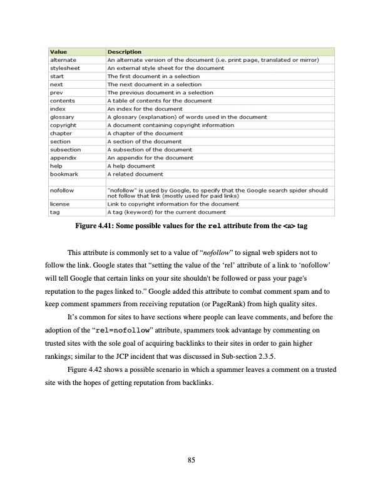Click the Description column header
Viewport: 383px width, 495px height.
click(x=124, y=51)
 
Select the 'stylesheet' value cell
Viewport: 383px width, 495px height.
click(x=65, y=67)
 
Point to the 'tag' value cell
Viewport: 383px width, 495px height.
click(x=54, y=212)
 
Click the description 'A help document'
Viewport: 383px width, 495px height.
click(x=131, y=166)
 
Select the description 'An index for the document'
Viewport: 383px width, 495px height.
click(x=144, y=108)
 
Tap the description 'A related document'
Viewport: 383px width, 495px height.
click(x=135, y=174)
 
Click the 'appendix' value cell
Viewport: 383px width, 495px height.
click(x=63, y=157)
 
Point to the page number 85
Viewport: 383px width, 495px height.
click(x=191, y=461)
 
